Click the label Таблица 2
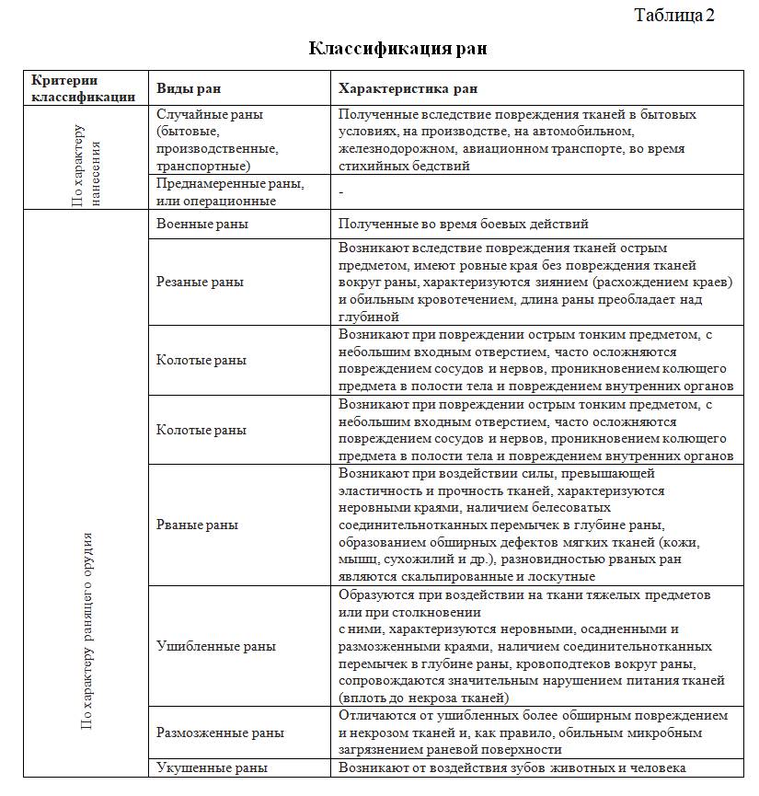tap(674, 15)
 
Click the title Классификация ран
tap(397, 48)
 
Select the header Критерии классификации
tap(84, 88)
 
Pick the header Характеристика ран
tap(407, 89)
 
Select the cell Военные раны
tap(201, 224)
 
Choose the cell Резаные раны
tap(200, 282)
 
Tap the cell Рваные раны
tap(197, 525)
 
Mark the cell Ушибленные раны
tap(215, 646)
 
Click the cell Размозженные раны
tap(220, 733)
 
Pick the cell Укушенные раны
tap(212, 768)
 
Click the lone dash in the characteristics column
tap(340, 191)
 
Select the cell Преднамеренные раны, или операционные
tap(230, 191)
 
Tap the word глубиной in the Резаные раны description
tap(367, 316)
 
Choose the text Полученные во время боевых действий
tap(463, 224)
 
